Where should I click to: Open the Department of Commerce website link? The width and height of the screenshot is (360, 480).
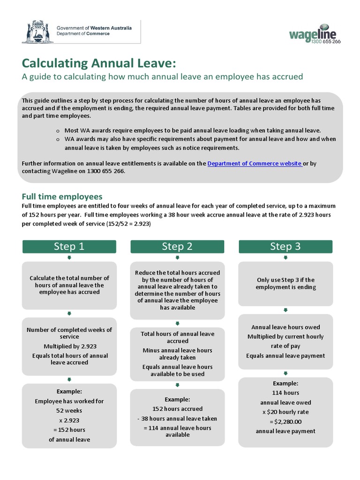coord(255,164)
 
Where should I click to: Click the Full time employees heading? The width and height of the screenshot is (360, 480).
coord(62,196)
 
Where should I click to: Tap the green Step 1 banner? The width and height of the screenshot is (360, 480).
coord(69,247)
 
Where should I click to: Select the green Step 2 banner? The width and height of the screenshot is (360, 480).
coord(177,247)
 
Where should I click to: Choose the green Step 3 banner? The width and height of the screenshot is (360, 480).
coord(285,247)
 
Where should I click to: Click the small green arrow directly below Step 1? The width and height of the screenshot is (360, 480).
coord(69,258)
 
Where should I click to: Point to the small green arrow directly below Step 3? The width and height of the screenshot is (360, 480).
coord(285,258)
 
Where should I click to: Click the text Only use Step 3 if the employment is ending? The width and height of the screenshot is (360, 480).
coord(285,284)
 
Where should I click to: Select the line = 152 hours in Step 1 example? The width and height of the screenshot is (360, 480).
coord(69,430)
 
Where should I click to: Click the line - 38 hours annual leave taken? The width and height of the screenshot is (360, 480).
coord(177,419)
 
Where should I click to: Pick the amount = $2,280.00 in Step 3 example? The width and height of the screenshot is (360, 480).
coord(285,421)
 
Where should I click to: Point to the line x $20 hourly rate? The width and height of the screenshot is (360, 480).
coord(285,412)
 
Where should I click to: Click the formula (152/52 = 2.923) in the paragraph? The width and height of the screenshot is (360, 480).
coord(128,224)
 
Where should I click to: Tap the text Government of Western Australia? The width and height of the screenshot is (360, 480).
coord(94,28)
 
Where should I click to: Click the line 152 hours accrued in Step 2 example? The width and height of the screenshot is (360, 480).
coord(177,409)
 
